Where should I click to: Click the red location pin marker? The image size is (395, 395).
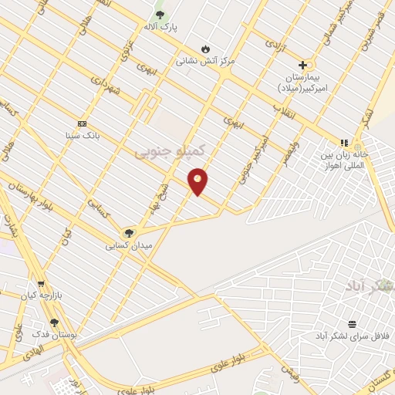click(198, 181)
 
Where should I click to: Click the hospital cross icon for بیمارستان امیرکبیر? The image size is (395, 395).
click(302, 66)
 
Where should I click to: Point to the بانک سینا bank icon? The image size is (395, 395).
click(82, 123)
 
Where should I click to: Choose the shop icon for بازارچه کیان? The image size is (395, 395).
click(40, 283)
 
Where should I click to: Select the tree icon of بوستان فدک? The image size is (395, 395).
click(54, 323)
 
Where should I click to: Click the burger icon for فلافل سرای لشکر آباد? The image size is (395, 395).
click(352, 324)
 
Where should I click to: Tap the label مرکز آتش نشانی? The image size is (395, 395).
click(205, 59)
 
